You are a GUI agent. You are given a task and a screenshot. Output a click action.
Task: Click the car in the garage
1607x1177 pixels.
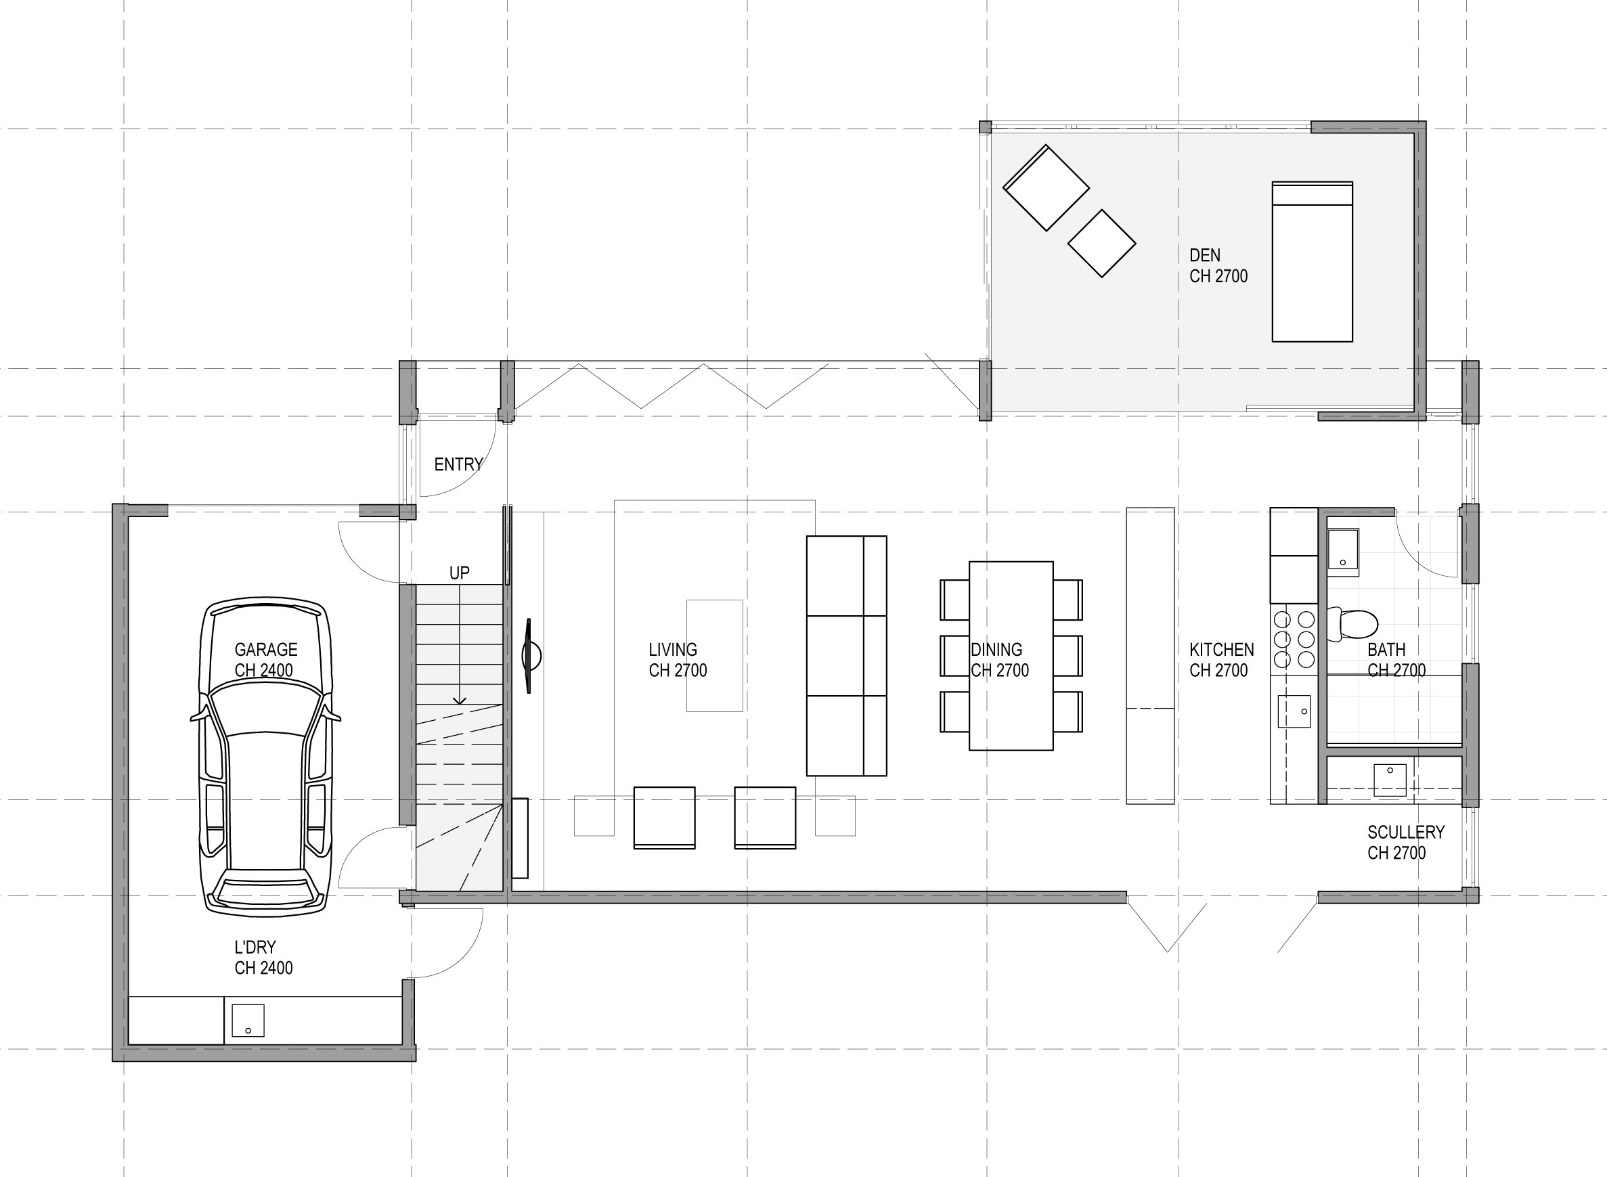265,757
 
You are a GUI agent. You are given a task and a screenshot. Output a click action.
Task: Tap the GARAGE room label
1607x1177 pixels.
265,649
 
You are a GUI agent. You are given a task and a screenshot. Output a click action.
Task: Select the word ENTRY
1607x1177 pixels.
458,464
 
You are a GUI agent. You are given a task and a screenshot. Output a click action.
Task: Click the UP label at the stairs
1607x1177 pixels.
460,573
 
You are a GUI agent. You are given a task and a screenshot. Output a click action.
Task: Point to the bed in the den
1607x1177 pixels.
1312,261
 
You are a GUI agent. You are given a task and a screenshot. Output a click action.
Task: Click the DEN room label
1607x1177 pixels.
1205,255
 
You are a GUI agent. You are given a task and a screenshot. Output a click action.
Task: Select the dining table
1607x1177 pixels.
1011,655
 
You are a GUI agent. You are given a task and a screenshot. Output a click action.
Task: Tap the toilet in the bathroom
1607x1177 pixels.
1352,624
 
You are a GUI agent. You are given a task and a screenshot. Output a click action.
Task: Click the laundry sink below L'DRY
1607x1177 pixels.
247,1020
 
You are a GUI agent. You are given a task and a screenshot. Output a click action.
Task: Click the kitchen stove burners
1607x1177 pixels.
1294,639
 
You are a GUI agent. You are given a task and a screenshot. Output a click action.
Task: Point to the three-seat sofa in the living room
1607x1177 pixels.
847,655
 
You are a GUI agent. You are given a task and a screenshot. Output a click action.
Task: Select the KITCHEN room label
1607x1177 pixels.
1221,649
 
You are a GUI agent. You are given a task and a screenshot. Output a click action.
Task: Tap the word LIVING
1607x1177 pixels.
673,649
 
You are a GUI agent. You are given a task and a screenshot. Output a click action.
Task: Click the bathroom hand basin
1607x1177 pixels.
1342,552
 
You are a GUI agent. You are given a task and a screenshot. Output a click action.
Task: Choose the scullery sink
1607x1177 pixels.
1390,780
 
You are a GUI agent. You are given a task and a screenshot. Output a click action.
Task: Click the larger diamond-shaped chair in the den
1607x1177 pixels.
1046,188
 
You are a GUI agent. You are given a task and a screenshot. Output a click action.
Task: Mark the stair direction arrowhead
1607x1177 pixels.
460,701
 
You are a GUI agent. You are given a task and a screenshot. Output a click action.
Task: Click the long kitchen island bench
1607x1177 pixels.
1149,655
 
